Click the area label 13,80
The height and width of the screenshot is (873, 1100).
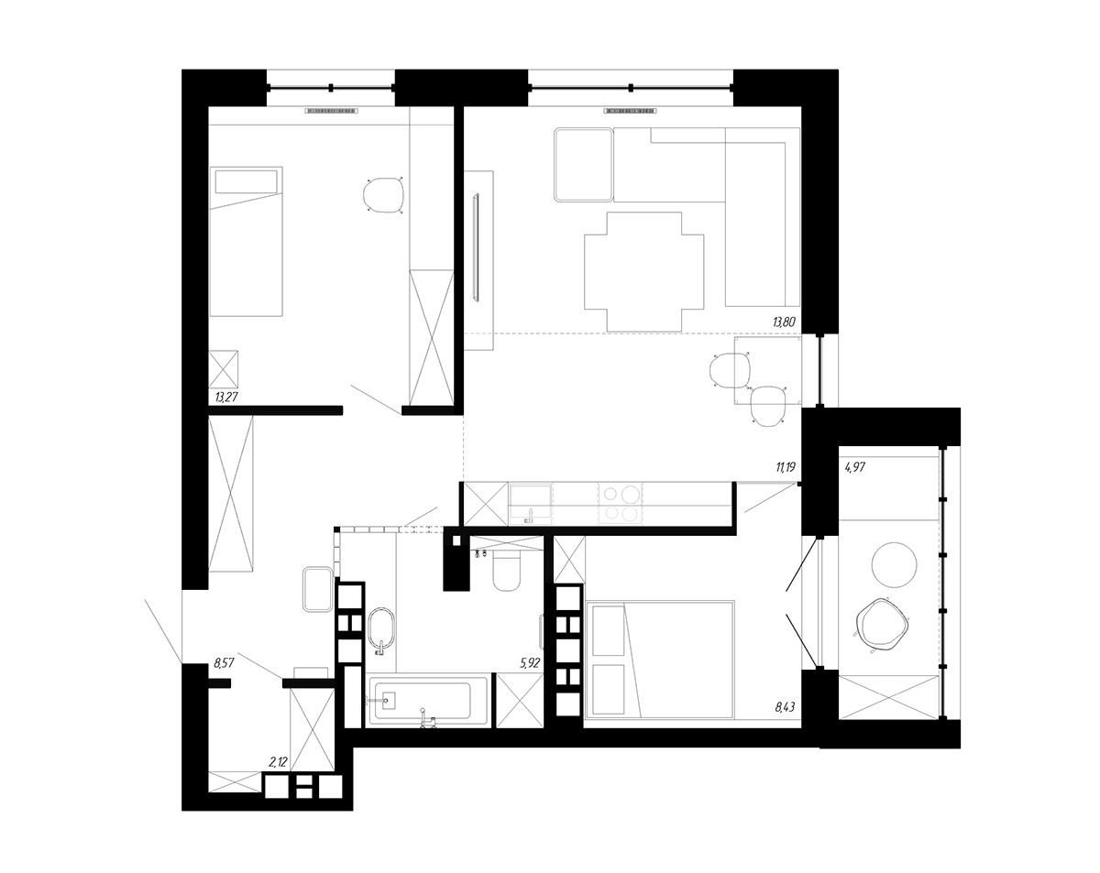pyautogui.click(x=784, y=322)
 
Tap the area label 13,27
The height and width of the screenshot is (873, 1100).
pyautogui.click(x=225, y=397)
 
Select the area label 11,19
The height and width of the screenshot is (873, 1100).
pyautogui.click(x=786, y=467)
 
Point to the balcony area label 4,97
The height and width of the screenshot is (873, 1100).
pyautogui.click(x=855, y=467)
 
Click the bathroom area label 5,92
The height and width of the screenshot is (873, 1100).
pyautogui.click(x=530, y=663)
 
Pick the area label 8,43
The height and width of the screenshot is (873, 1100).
pyautogui.click(x=785, y=707)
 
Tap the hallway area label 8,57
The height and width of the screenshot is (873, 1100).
pyautogui.click(x=224, y=663)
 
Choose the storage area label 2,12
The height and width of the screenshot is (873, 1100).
pyautogui.click(x=278, y=762)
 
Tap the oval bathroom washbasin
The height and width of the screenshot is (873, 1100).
pyautogui.click(x=381, y=628)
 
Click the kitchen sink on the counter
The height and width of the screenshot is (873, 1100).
pyautogui.click(x=531, y=504)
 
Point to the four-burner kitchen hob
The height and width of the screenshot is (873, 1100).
pyautogui.click(x=621, y=503)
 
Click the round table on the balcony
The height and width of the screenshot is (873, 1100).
pyautogui.click(x=894, y=565)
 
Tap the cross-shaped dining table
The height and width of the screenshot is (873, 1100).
pyautogui.click(x=644, y=272)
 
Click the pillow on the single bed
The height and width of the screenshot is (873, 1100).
pyautogui.click(x=246, y=182)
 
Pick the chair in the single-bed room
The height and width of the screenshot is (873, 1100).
pyautogui.click(x=383, y=194)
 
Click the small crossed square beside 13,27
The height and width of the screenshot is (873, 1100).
pyautogui.click(x=224, y=369)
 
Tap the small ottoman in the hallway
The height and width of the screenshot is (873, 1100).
pyautogui.click(x=317, y=589)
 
